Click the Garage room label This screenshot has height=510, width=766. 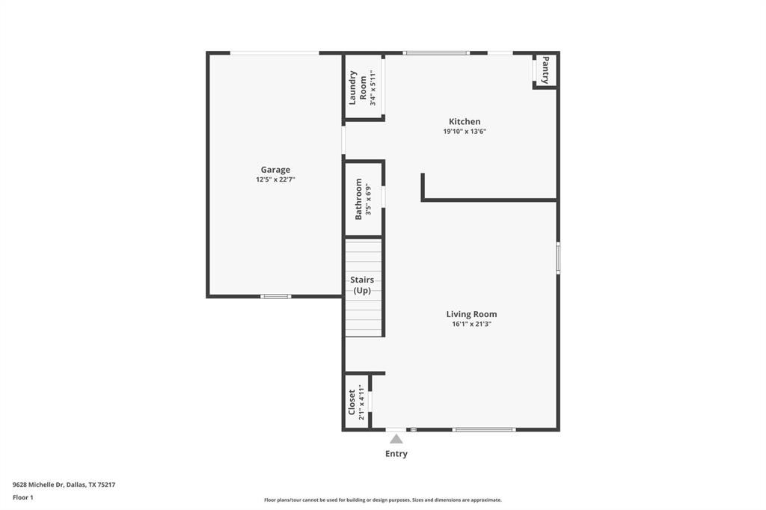(x=275, y=170)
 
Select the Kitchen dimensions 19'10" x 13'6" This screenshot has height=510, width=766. (x=465, y=132)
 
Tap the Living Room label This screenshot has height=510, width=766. (x=471, y=314)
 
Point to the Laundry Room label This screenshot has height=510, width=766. (x=358, y=87)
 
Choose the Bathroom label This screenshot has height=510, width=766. (x=359, y=198)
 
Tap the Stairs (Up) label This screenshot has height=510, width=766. (x=362, y=285)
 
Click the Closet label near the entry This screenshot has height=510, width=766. (x=352, y=402)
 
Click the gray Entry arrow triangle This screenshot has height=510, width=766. (x=396, y=439)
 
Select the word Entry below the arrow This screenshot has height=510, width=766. (x=396, y=454)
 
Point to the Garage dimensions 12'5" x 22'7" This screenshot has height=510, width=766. (x=275, y=180)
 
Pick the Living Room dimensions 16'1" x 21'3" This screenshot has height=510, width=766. (x=471, y=325)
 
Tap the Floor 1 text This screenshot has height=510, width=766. (x=23, y=497)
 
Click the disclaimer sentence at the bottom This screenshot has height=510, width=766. (x=382, y=500)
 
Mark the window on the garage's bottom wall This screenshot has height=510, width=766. (x=275, y=296)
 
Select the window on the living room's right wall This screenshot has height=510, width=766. (x=558, y=258)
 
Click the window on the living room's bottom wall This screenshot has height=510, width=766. (x=484, y=429)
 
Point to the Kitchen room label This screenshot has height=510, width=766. (x=465, y=121)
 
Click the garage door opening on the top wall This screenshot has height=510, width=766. (x=275, y=52)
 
